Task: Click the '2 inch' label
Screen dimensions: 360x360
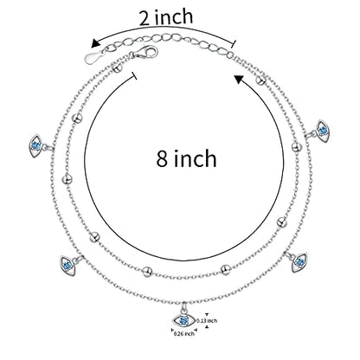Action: pos(166,17)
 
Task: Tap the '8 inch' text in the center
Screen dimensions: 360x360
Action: pos(186,158)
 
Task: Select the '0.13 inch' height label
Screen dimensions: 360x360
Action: pos(207,320)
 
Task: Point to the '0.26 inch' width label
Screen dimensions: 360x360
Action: pos(184,334)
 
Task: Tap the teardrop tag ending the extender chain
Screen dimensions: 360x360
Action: pos(93,57)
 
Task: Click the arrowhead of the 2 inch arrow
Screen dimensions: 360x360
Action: pos(95,43)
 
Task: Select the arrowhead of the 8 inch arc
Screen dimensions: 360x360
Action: pos(240,79)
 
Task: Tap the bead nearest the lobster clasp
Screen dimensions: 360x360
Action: pos(117,68)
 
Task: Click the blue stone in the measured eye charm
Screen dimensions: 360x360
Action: pos(183,320)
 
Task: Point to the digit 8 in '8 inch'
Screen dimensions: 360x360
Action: pos(162,158)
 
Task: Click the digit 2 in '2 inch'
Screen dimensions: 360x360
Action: pos(145,19)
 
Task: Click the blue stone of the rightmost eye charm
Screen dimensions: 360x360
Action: pos(323,131)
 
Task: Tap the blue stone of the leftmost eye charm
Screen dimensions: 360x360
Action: pos(35,145)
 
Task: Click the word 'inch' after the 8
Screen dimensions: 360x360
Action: pos(195,158)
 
